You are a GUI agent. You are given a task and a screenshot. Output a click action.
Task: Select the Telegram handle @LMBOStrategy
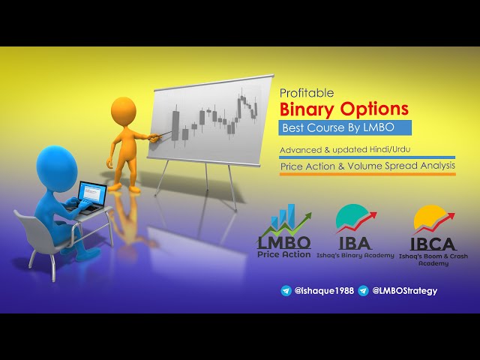pos(404,290)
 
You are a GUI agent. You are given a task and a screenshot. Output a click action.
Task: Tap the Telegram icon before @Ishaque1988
pos(286,290)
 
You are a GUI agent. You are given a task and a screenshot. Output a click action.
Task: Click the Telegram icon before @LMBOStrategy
pos(363,290)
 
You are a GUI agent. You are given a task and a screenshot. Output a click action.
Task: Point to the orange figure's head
pos(123,107)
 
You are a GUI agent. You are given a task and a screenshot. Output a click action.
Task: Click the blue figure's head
pos(55,161)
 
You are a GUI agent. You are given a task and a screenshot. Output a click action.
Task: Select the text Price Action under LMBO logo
pos(284,254)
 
